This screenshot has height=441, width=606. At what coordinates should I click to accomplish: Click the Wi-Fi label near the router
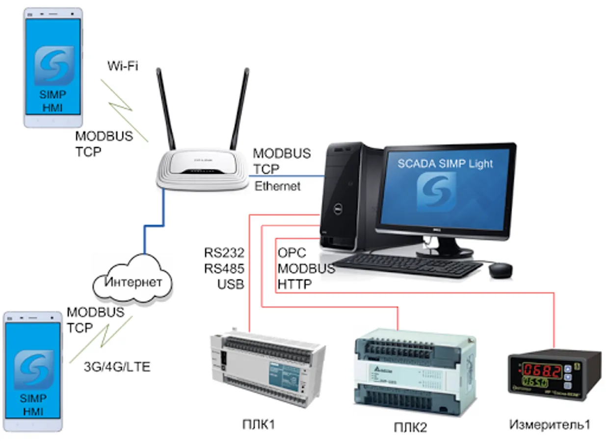123,66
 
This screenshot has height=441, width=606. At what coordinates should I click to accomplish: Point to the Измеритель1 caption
549,424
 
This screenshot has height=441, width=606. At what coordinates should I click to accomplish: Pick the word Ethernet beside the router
277,186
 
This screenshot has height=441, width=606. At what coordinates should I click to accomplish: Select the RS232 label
224,253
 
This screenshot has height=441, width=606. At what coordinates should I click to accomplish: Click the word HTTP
294,284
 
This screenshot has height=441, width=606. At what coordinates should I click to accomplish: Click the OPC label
292,253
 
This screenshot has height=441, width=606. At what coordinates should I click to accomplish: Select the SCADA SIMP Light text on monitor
445,164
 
